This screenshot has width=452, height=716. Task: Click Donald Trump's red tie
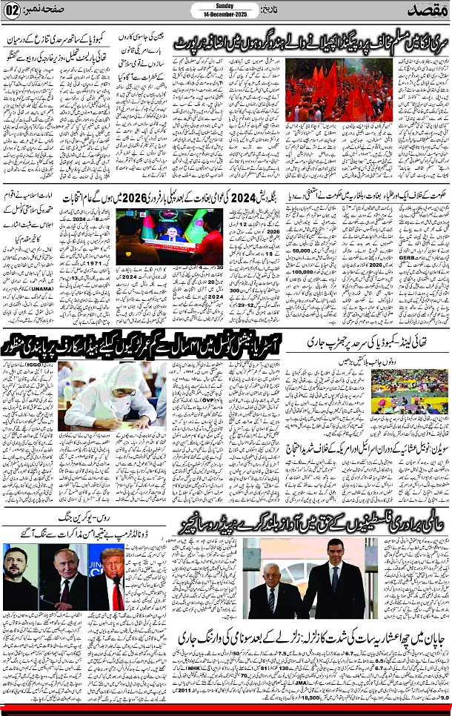pos(116,591)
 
